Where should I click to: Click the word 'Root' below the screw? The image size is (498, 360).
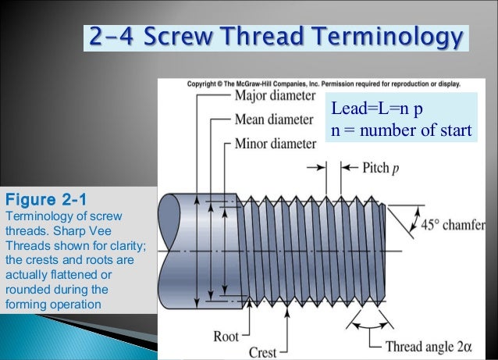point(226,337)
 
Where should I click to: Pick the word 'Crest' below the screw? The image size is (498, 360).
point(263,353)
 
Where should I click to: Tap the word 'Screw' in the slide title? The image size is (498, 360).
point(183,37)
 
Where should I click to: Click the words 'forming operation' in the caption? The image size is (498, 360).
point(53,303)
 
